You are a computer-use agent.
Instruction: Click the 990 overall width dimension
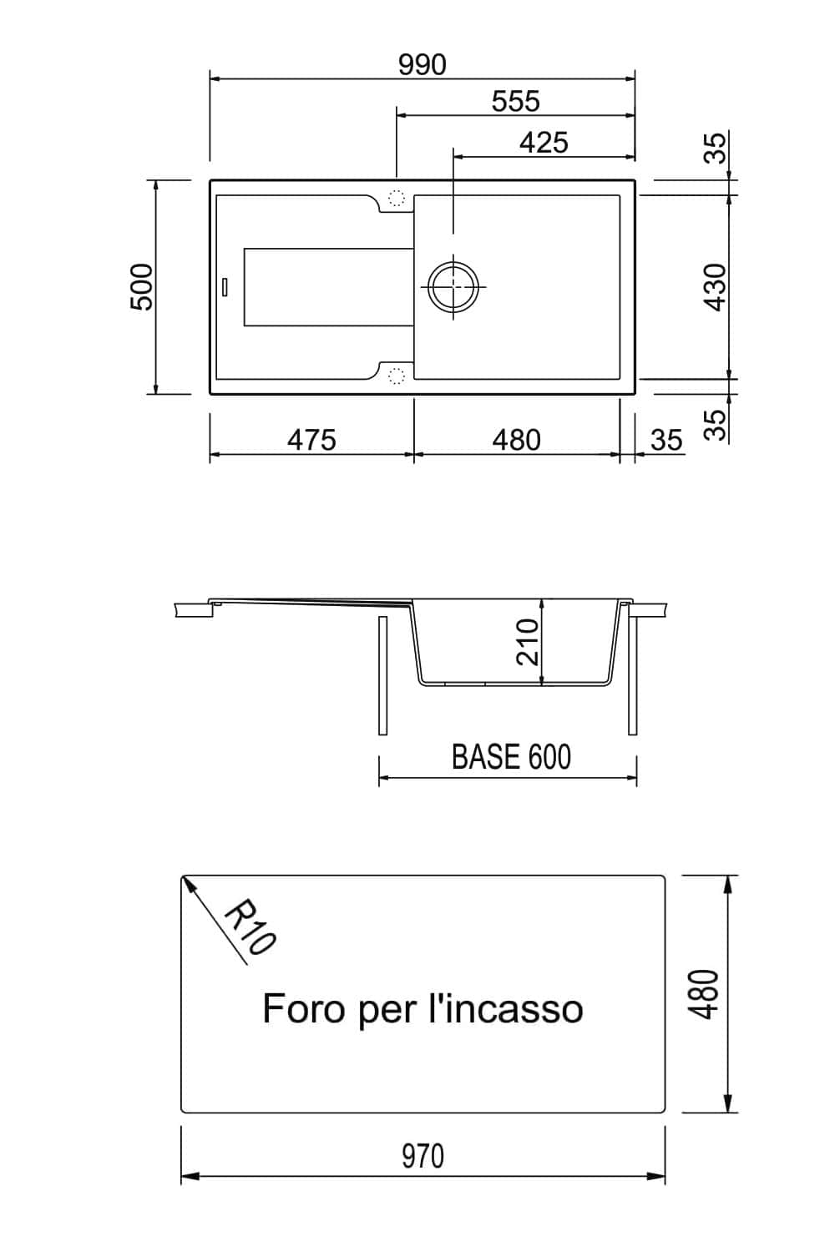[x=423, y=65]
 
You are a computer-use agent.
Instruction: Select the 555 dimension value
[x=516, y=102]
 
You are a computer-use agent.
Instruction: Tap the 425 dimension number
[x=544, y=143]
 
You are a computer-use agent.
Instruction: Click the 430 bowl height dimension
[x=716, y=287]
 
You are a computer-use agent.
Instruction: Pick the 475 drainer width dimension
[x=312, y=440]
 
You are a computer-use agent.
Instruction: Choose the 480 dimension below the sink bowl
[x=516, y=440]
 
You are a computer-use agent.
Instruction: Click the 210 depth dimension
[x=527, y=642]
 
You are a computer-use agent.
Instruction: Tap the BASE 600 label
[x=511, y=757]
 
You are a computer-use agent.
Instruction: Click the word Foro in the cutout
[x=303, y=1009]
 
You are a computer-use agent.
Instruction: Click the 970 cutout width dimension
[x=423, y=1155]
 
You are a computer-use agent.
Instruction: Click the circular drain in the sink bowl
[x=453, y=286]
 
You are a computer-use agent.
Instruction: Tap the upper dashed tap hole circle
[x=397, y=198]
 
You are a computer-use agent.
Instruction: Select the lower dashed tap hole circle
[x=397, y=376]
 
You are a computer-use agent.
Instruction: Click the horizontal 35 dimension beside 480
[x=666, y=440]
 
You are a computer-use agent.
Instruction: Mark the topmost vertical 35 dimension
[x=716, y=148]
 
